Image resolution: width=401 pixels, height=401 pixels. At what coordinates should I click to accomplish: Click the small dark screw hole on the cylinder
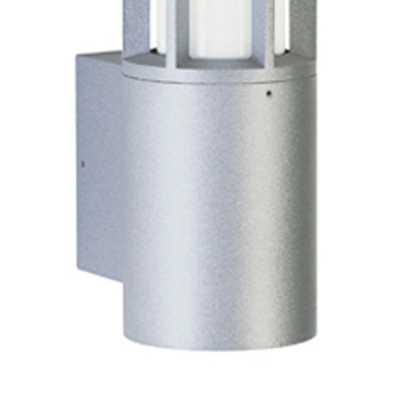pyautogui.click(x=269, y=93)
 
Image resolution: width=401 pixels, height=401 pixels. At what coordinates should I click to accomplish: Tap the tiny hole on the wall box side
pyautogui.click(x=83, y=164)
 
